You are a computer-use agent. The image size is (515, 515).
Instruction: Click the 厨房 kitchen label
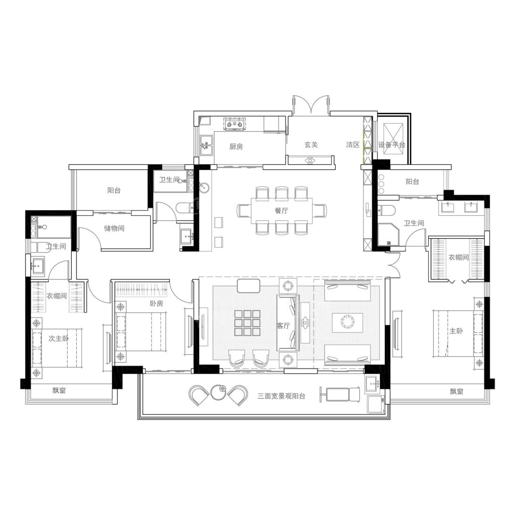pos(236,146)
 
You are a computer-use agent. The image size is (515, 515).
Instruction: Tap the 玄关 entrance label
pos(311,144)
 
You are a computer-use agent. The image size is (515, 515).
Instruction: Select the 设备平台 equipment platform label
pos(391,144)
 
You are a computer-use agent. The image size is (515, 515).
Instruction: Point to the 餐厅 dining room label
pos(281,210)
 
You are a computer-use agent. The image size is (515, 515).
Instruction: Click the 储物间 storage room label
pos(114,228)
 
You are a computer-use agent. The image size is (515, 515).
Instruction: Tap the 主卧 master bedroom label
pos(456,331)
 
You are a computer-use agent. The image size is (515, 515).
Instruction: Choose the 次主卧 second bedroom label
pos(59,338)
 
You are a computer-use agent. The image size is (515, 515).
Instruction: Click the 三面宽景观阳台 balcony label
pos(281,396)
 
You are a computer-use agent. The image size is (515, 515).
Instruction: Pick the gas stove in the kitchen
pos(235,124)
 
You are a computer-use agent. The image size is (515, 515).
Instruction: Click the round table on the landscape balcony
pos(218,392)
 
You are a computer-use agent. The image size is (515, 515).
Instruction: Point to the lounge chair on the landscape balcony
pos(339,394)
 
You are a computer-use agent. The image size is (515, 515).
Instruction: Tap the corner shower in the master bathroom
pos(388,235)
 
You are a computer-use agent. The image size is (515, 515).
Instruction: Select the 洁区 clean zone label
pos(353,144)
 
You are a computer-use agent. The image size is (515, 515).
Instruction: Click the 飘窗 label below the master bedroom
pos(456,391)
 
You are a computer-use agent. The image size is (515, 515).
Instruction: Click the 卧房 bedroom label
pos(156,304)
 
